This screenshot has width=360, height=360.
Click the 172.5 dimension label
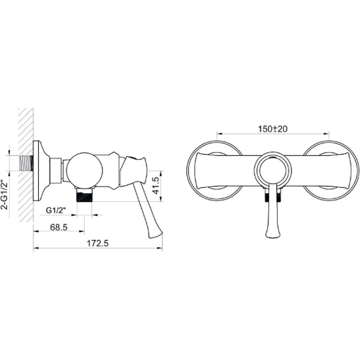pos(97,243)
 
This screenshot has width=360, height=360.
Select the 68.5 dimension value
pos(59,227)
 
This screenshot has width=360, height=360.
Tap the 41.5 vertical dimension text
pos(155,185)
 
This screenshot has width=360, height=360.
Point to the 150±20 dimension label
pos(273,129)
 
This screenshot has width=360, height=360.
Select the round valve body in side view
pos(85,170)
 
